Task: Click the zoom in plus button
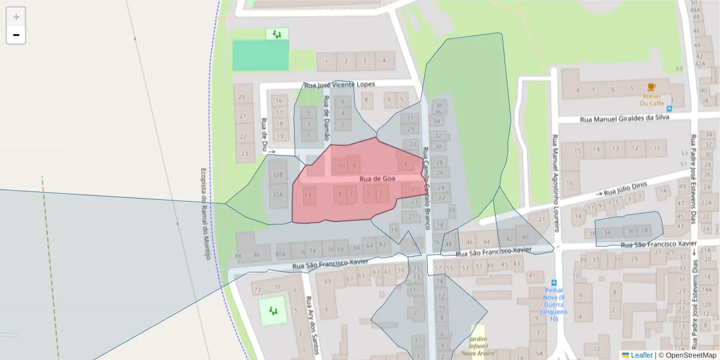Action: [x=16, y=17]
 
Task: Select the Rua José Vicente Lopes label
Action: [x=339, y=85]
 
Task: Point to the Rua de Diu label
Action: [x=265, y=134]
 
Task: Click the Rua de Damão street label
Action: [x=326, y=116]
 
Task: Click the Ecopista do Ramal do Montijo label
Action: [x=205, y=213]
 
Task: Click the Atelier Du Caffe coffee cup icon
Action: [x=652, y=86]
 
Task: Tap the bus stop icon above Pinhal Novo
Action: [x=553, y=283]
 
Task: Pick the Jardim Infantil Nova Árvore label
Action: [x=478, y=347]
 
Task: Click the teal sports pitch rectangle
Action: [x=260, y=55]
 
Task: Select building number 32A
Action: [x=277, y=194]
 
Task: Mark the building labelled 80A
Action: [x=280, y=254]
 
